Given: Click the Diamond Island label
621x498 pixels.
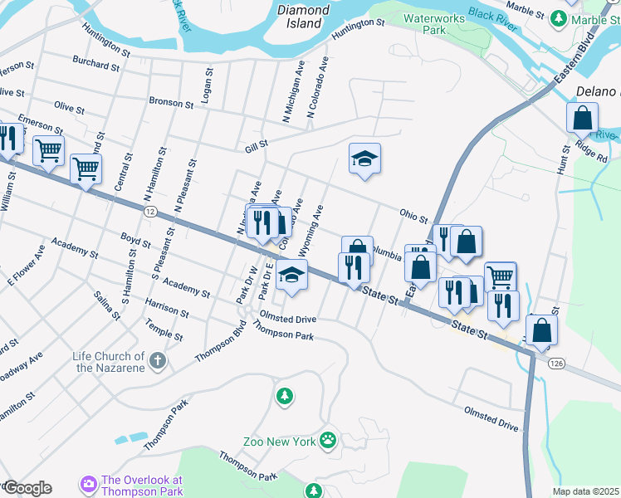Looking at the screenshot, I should (303, 17).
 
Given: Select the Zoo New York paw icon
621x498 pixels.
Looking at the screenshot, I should (330, 440).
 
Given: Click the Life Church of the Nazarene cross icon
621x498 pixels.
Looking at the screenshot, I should (158, 361).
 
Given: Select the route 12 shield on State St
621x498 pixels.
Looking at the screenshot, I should (149, 212).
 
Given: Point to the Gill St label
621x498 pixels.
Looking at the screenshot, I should (256, 146).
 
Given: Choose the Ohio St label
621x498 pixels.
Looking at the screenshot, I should (412, 216).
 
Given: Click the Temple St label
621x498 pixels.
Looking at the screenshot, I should (164, 330).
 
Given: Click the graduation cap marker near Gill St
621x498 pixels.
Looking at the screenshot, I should (364, 158).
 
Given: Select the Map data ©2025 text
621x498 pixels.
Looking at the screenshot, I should (584, 491).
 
